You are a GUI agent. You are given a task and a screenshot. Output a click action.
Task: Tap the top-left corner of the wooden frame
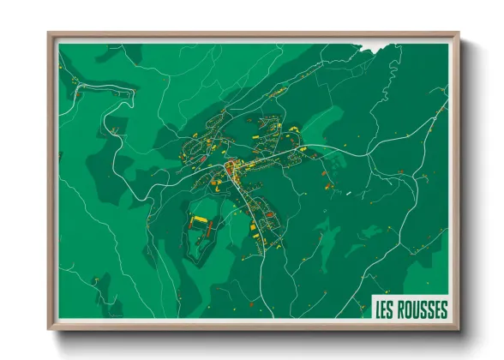point(50,34)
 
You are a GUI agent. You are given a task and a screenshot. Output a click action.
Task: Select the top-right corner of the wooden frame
point(458,34)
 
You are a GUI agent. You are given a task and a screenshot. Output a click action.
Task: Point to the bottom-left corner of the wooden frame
point(50,329)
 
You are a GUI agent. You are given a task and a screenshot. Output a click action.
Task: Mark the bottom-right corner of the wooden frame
point(458,329)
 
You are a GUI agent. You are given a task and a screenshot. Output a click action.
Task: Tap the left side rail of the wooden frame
point(51,180)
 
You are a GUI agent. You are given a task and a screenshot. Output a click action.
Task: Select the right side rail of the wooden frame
point(457,180)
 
